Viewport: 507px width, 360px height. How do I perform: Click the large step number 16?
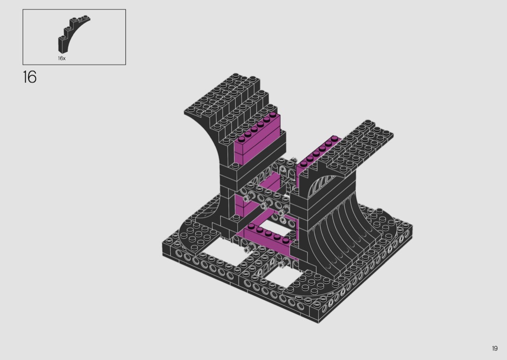click(x=29, y=77)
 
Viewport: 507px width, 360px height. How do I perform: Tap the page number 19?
click(x=495, y=348)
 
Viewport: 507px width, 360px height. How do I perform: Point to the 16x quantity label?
click(x=62, y=58)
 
